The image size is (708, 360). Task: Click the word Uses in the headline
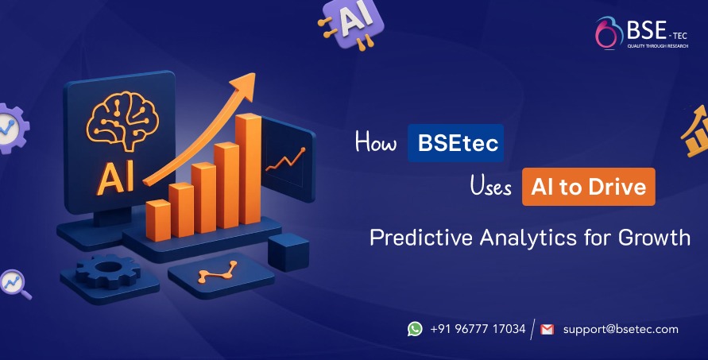490,188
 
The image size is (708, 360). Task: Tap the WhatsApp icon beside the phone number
415,329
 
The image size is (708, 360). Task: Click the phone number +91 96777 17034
478,329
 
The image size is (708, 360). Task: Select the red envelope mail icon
547,329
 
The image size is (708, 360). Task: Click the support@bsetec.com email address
621,329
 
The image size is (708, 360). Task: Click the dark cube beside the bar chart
287,252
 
